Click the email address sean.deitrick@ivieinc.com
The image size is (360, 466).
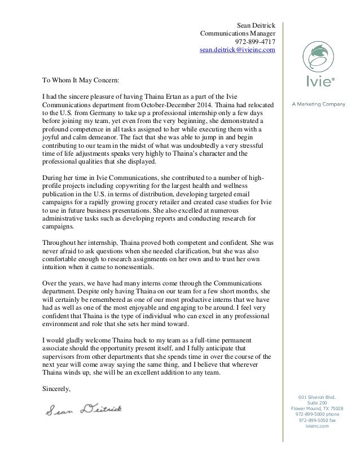(x=234, y=50)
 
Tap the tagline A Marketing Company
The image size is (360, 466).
(x=318, y=104)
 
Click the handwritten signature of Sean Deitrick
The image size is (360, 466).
(x=87, y=409)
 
